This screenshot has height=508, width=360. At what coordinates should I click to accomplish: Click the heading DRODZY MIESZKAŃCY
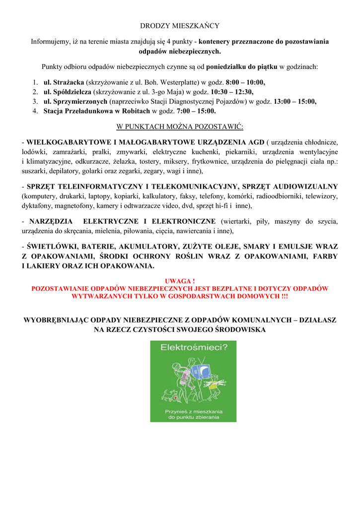coord(180,25)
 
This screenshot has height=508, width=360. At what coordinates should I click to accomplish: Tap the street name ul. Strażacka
coord(64,82)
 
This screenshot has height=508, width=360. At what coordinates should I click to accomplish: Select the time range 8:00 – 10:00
coord(245,82)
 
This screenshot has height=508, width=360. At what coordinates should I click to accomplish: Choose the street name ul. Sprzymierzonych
coord(75,101)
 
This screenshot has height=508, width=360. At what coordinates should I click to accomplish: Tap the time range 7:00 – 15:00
coord(196,111)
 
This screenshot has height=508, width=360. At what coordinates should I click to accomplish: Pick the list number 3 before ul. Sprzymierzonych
coord(36,101)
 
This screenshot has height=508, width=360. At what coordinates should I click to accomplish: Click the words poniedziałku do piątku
coord(242,66)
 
